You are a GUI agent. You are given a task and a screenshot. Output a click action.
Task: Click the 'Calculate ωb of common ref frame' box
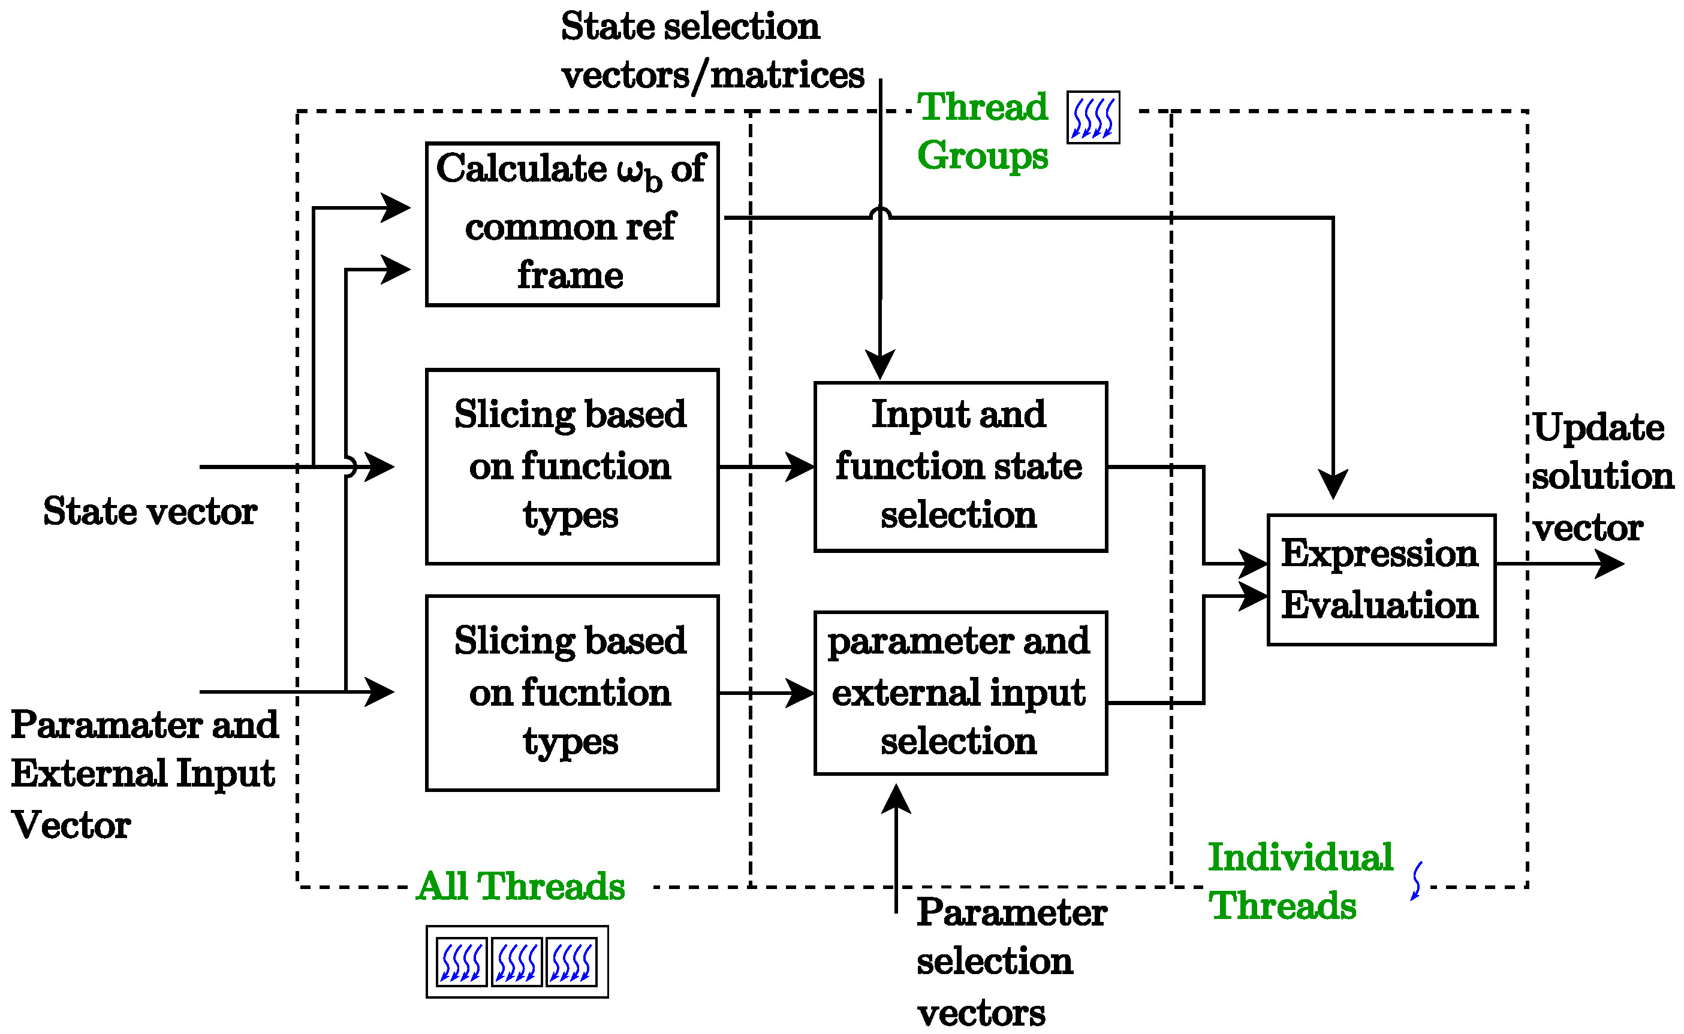(571, 223)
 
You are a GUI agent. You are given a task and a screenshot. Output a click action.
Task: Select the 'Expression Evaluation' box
(1380, 579)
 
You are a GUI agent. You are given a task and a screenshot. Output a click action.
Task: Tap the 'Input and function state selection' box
(959, 467)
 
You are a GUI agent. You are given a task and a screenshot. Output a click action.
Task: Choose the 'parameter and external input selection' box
(959, 692)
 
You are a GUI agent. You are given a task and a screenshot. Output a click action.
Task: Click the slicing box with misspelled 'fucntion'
(571, 693)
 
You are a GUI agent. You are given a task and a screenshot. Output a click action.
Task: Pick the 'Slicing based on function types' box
(571, 467)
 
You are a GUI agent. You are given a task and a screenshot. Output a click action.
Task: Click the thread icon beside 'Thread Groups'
(1092, 117)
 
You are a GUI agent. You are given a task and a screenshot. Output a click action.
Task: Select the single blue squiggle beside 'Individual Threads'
(1417, 880)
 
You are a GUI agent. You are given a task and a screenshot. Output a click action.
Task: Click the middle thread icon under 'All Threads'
(516, 962)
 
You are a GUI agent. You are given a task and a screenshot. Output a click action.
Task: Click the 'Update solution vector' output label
(1601, 477)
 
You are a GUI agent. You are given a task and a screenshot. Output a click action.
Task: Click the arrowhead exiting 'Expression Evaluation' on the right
(1611, 564)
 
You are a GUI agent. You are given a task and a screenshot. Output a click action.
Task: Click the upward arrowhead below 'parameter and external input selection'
(896, 798)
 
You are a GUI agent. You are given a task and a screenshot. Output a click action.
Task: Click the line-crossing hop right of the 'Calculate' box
(880, 213)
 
